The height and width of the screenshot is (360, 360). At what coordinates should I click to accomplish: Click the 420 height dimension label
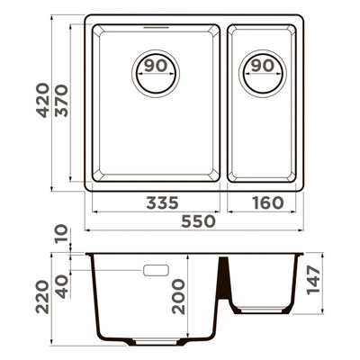42,100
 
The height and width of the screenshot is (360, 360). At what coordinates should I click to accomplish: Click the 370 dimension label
63,101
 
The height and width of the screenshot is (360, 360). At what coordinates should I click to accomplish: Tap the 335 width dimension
162,203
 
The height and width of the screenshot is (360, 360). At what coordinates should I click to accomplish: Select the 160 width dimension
268,203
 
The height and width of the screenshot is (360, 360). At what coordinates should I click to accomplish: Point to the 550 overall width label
199,221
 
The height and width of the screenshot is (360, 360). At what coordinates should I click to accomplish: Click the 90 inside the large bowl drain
156,66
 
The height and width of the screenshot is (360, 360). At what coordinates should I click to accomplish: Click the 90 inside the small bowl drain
263,66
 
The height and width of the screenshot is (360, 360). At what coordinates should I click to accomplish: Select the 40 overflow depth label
62,287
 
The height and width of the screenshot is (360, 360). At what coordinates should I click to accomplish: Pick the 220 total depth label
42,297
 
